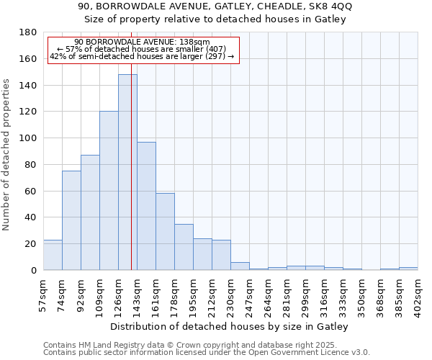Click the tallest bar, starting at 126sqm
(x=127, y=173)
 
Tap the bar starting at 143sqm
(x=146, y=206)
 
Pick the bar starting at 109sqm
(x=109, y=191)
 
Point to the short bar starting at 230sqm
(x=240, y=266)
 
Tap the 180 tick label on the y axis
(x=29, y=32)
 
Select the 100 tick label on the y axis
(x=29, y=138)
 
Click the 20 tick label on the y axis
(x=32, y=244)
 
